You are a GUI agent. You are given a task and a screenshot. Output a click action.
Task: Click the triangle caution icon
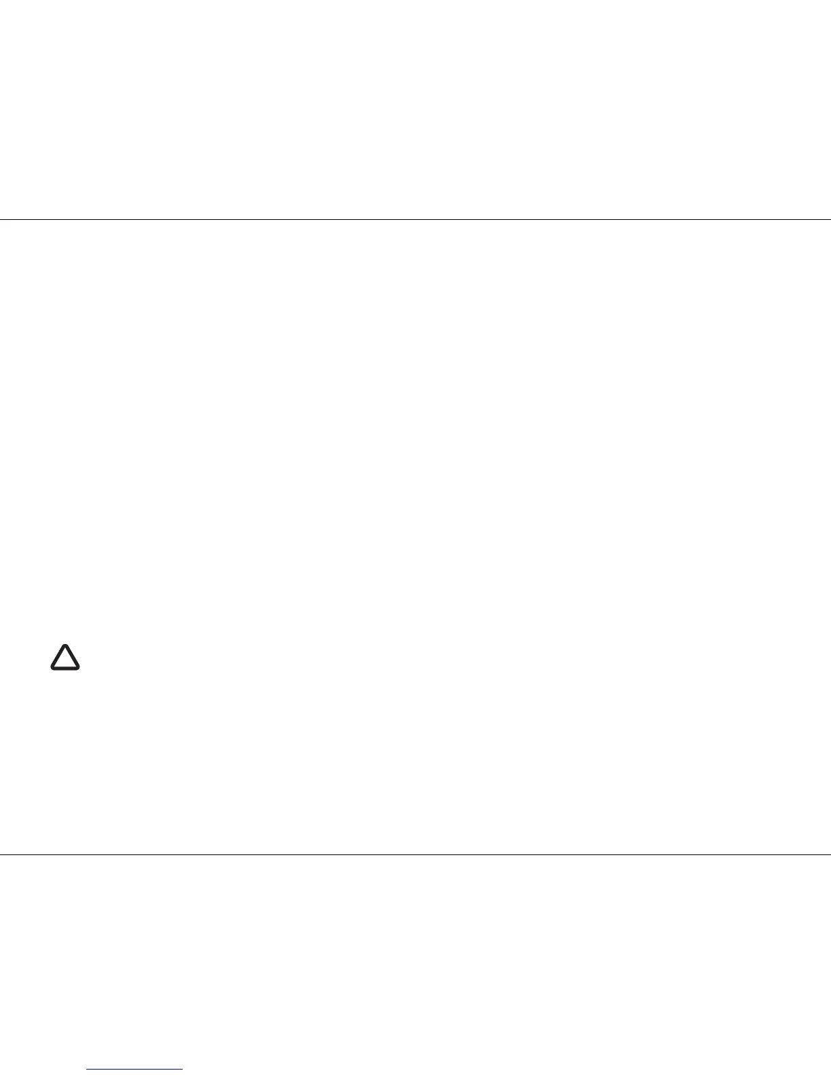pos(65,658)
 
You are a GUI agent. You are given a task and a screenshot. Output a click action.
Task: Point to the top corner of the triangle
pos(65,645)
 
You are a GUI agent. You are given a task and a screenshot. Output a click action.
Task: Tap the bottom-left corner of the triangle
pos(52,668)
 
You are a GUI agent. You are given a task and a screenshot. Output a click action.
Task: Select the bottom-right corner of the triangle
pos(78,668)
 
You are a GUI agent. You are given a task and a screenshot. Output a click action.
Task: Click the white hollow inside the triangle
pos(65,660)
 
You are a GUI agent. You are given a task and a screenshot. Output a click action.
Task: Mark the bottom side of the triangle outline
pos(65,669)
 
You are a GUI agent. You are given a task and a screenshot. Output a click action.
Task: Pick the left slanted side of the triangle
pos(58,657)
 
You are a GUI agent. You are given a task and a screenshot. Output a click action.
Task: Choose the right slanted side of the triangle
pos(73,657)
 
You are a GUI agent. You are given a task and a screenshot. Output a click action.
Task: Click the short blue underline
pos(135,1070)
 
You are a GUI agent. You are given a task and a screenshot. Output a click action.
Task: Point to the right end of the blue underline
pos(183,1070)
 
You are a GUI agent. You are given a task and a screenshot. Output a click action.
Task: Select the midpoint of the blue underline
pos(135,1070)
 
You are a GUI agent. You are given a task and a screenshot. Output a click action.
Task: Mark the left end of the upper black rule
pos(1,219)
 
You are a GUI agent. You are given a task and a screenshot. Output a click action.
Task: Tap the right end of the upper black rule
pos(830,219)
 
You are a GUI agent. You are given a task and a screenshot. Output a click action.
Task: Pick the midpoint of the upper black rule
pos(415,219)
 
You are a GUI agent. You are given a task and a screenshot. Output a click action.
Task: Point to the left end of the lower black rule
pos(1,854)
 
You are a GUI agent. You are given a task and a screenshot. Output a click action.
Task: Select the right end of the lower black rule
pos(830,854)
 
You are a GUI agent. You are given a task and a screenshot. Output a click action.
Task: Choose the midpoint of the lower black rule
pos(415,854)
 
